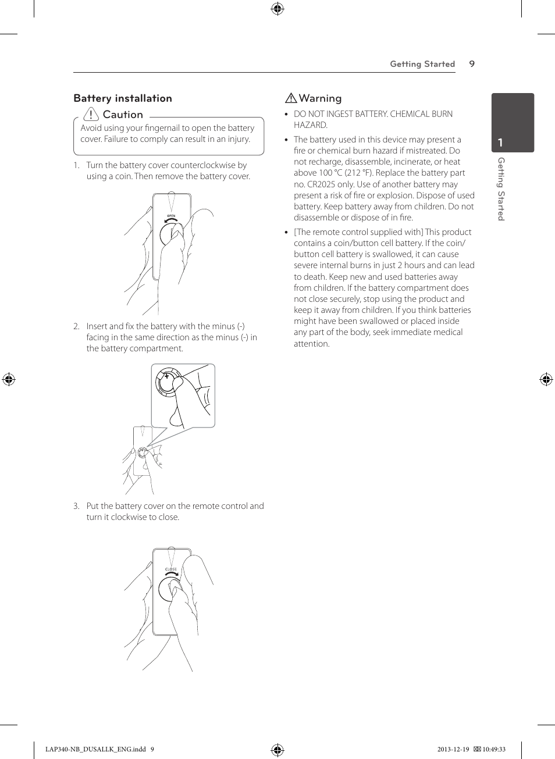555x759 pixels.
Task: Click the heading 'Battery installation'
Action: click(x=123, y=98)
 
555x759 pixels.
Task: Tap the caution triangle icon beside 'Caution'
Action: click(x=91, y=114)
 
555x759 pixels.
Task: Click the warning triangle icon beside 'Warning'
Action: click(x=291, y=98)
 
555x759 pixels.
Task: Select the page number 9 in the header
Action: click(x=472, y=64)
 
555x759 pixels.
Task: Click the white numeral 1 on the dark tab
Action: click(x=500, y=142)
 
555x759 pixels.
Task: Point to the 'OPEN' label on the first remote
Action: click(x=171, y=216)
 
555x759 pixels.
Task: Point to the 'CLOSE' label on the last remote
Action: click(x=171, y=569)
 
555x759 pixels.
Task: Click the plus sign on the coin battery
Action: click(x=166, y=376)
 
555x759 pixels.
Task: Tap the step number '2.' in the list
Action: click(x=76, y=326)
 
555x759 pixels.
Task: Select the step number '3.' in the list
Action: click(x=76, y=506)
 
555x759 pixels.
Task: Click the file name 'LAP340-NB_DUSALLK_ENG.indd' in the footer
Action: click(x=95, y=749)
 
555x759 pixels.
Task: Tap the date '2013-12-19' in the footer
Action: click(x=453, y=749)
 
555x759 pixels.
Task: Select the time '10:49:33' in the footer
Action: click(x=493, y=749)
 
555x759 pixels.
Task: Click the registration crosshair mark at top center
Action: click(x=277, y=8)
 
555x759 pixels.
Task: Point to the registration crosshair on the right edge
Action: click(x=546, y=380)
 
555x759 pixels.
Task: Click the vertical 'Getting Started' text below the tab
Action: click(x=501, y=189)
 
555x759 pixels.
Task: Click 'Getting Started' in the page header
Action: click(x=422, y=64)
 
